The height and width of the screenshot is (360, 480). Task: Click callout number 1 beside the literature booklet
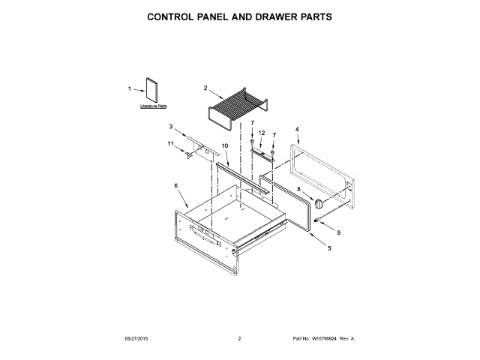click(x=129, y=89)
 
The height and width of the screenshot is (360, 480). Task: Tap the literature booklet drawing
click(x=152, y=89)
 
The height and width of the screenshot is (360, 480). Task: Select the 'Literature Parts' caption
click(x=153, y=107)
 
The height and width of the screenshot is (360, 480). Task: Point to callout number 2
click(x=205, y=88)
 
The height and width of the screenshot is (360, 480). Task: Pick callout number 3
click(x=171, y=127)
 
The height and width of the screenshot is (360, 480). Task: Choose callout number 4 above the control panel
click(x=297, y=129)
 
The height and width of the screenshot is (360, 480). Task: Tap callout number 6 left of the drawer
click(x=176, y=185)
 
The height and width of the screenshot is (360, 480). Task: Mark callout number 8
click(x=298, y=190)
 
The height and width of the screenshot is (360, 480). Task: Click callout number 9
click(x=337, y=232)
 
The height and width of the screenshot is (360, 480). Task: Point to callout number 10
click(x=225, y=145)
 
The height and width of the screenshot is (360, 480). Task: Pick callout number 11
click(x=170, y=143)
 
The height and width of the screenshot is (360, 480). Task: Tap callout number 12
click(x=262, y=133)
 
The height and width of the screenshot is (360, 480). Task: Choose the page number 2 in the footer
click(x=239, y=339)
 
